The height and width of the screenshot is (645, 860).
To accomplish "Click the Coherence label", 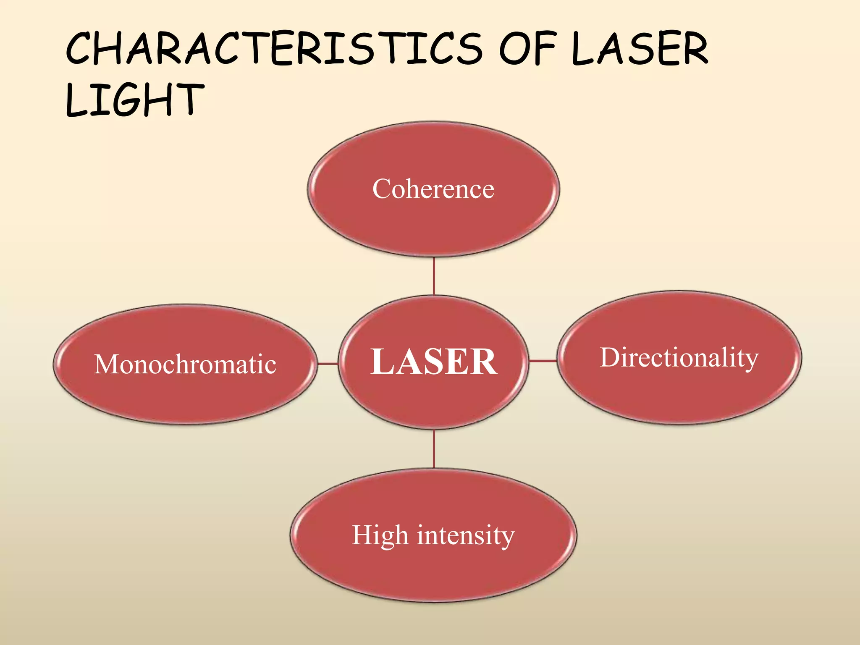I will point(433,189).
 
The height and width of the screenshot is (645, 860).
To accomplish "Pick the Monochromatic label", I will point(185,364).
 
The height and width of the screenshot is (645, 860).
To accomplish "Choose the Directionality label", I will point(679,358).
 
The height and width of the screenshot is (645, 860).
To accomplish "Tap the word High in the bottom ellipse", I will point(380,536).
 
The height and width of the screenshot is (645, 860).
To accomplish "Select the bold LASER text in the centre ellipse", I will point(434,362).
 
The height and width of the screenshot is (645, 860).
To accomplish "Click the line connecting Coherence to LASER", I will point(434,276).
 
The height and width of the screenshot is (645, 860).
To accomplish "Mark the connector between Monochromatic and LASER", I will point(328,364).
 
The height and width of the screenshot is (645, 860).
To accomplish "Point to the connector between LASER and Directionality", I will point(543,360).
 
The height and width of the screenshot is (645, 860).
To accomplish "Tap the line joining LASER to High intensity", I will point(434,449).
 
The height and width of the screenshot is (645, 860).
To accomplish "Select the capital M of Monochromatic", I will point(105,364).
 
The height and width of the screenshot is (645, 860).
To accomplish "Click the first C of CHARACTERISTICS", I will point(82,50).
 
